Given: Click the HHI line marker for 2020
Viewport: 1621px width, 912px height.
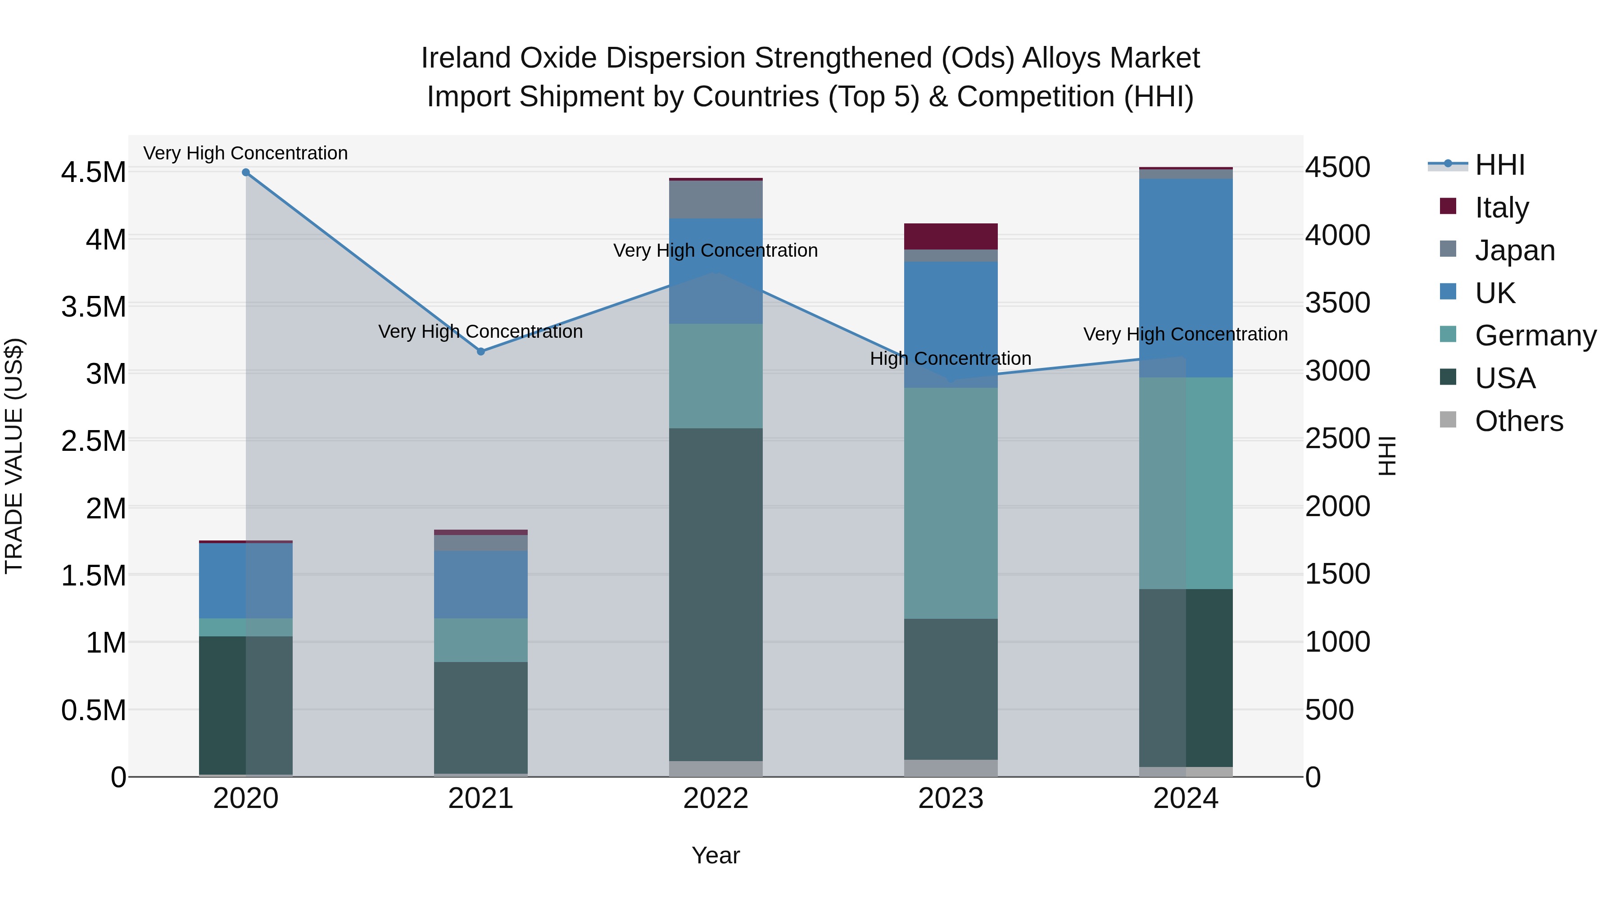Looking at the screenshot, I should pyautogui.click(x=246, y=172).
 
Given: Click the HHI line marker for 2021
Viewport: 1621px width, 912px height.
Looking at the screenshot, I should pyautogui.click(x=481, y=351).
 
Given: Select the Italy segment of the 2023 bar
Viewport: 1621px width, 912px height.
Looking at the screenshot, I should pyautogui.click(x=951, y=236).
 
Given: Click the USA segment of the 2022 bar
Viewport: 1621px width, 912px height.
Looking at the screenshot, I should pyautogui.click(x=715, y=595).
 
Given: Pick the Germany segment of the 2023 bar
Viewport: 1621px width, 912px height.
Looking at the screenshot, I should pyautogui.click(x=951, y=503).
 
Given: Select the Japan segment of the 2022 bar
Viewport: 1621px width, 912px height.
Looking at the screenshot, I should pyautogui.click(x=715, y=200).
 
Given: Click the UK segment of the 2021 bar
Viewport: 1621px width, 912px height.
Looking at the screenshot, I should pyautogui.click(x=481, y=584).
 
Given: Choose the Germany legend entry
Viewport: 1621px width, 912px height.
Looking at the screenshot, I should pyautogui.click(x=1535, y=336).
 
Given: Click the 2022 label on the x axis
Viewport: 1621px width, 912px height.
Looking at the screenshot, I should pyautogui.click(x=715, y=799).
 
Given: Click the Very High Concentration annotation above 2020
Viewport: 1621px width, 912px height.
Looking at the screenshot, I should pyautogui.click(x=245, y=154).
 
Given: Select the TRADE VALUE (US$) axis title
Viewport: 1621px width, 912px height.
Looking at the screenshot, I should pyautogui.click(x=14, y=456).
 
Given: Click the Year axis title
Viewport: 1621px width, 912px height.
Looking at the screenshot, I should pyautogui.click(x=715, y=855).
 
